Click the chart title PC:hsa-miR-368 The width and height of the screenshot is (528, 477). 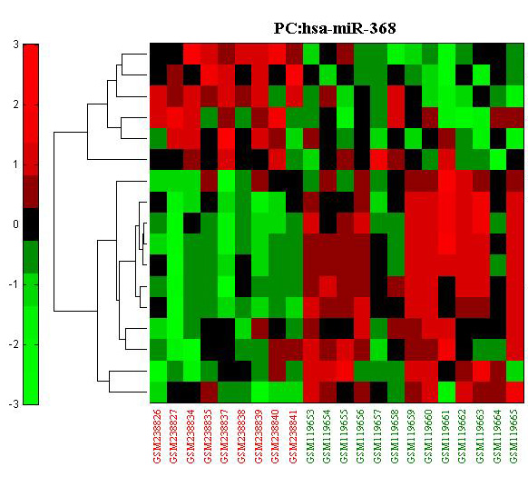[335, 28]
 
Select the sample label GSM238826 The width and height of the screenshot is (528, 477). [158, 436]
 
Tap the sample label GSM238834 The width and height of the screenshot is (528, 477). [191, 436]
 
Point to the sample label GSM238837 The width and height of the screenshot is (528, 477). [225, 436]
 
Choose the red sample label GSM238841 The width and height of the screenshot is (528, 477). [293, 436]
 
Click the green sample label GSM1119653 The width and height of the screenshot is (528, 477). [310, 436]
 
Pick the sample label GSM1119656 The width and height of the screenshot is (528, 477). [361, 436]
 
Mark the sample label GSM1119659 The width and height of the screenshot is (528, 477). [412, 436]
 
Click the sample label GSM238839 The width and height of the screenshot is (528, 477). [259, 436]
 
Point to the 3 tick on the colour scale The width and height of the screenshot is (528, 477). [15, 45]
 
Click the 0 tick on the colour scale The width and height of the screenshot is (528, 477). [15, 224]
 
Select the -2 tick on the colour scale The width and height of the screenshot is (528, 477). [14, 344]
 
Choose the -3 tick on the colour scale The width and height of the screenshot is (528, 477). [14, 403]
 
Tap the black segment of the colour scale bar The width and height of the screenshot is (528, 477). [31, 224]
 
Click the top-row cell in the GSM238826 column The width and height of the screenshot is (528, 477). [158, 54]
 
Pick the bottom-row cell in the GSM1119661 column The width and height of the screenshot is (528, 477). [447, 392]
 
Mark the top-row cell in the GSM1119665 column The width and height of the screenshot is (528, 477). [515, 54]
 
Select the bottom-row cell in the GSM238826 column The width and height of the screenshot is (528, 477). [158, 392]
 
